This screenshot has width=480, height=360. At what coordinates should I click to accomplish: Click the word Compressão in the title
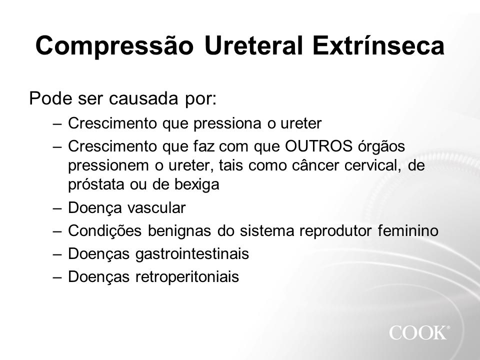point(114,46)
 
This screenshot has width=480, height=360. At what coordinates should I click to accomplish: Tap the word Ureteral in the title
point(254,45)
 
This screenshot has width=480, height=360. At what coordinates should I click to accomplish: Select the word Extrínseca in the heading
point(378,45)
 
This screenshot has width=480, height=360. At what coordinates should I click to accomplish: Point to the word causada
point(143,98)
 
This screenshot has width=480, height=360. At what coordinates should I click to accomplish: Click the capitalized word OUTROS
point(318,146)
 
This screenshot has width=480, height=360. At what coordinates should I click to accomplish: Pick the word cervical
point(373,165)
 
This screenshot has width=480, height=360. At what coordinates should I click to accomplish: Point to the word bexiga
point(196,184)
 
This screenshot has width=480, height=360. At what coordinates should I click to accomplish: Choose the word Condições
point(104,230)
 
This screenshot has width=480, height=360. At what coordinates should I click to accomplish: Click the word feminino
point(408,230)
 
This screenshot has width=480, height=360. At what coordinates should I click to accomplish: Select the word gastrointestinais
point(192,254)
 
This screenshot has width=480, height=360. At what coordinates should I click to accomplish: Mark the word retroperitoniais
point(187,276)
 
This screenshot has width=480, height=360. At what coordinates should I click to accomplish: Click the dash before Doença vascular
point(57,208)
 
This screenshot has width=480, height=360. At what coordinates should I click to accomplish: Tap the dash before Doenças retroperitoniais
point(57,277)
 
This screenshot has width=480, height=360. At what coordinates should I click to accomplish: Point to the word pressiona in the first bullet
point(227,123)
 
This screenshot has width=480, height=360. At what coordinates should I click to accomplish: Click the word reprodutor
point(335,230)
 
